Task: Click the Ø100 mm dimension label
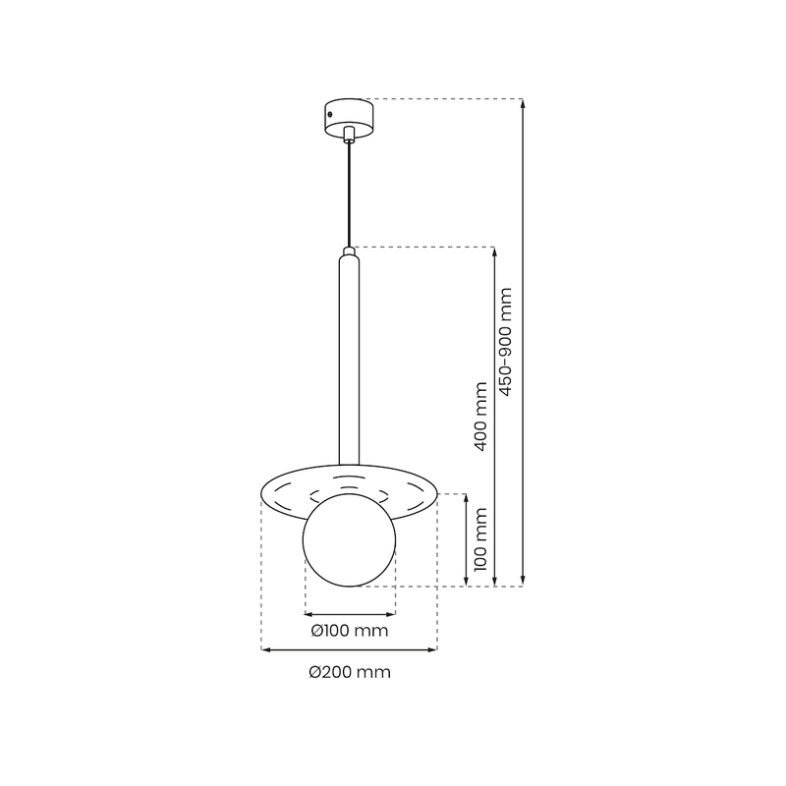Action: (350, 631)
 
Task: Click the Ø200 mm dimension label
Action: (350, 672)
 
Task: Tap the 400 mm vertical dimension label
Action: (480, 417)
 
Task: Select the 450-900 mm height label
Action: (506, 342)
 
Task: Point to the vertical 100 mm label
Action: (480, 539)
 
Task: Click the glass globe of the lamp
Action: (350, 539)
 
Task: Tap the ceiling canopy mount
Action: (349, 118)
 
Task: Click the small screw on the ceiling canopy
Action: (330, 115)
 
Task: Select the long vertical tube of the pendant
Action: (349, 361)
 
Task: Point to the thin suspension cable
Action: (349, 195)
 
